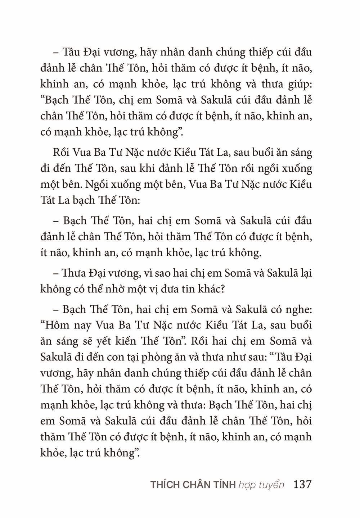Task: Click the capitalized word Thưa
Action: [x=74, y=273]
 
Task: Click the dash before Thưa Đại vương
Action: [x=56, y=273]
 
